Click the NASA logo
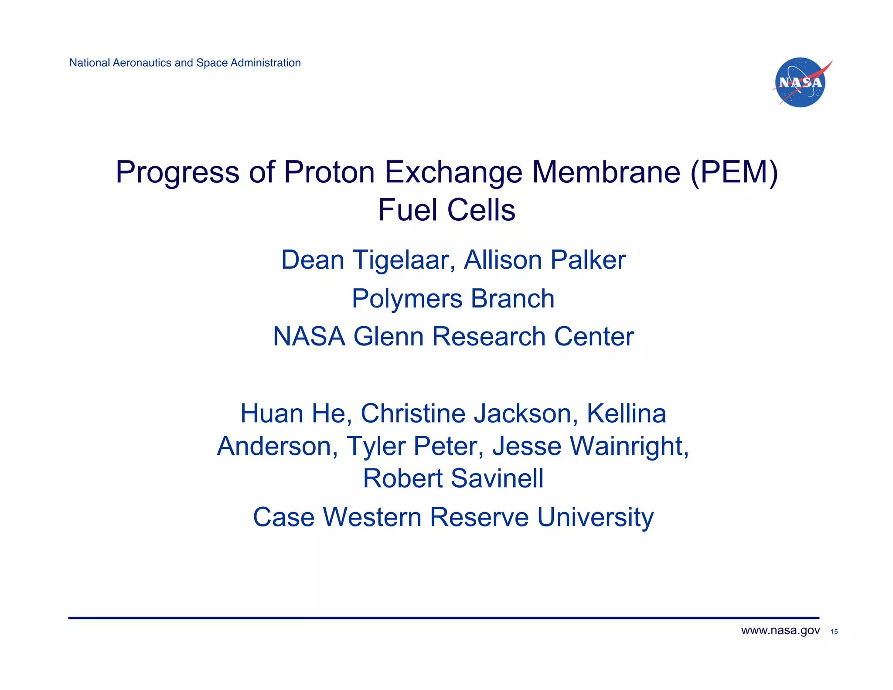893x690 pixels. click(801, 82)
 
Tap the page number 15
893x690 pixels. click(834, 632)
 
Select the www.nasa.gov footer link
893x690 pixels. click(780, 631)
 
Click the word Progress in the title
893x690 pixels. click(177, 172)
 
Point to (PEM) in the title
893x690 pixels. click(734, 172)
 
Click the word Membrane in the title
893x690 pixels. click(606, 172)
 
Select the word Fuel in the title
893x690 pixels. click(407, 210)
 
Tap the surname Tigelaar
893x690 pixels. click(403, 260)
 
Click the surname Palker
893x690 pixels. click(588, 260)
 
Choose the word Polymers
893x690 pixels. click(407, 299)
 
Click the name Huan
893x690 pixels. click(271, 413)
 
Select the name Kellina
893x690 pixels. click(626, 413)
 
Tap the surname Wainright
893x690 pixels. click(629, 446)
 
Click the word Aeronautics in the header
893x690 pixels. click(142, 63)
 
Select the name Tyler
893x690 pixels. click(375, 446)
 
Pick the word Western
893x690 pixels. click(372, 518)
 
